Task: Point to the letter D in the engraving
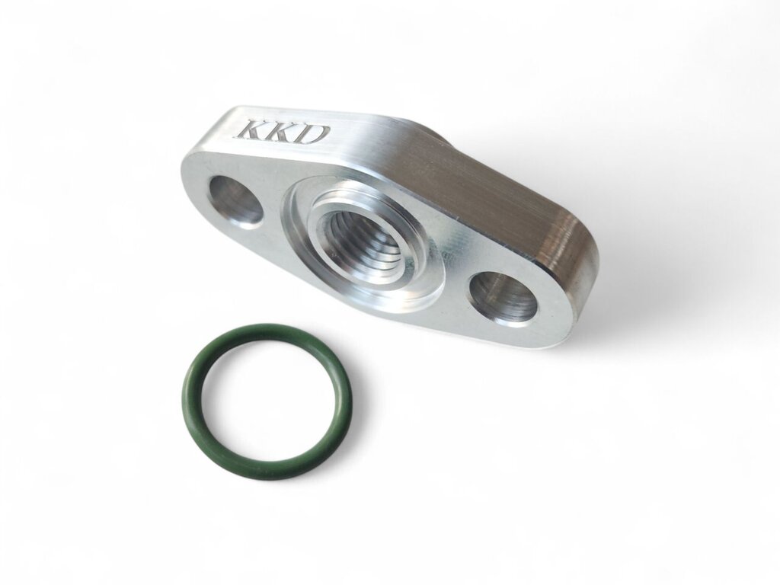click(316, 135)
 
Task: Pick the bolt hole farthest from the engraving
click(503, 299)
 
